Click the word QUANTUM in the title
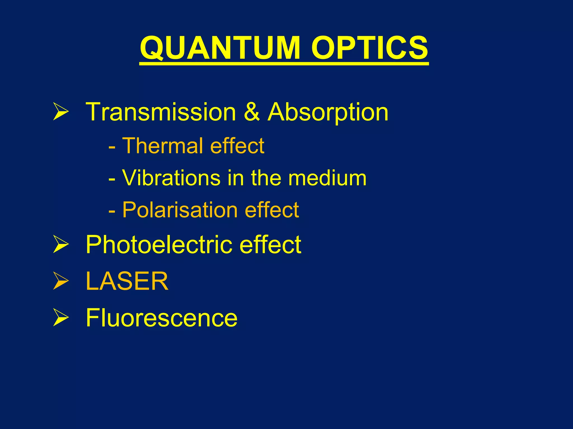[x=220, y=48]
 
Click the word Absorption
[x=328, y=112]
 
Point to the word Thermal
[x=163, y=146]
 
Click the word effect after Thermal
[x=237, y=146]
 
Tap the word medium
[x=327, y=178]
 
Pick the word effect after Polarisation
[x=272, y=210]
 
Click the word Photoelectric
[x=159, y=244]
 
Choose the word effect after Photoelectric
[x=270, y=244]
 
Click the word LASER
[x=127, y=281]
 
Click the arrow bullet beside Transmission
[x=61, y=112]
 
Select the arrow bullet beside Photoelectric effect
[x=61, y=244]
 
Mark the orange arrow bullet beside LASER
[x=61, y=281]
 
